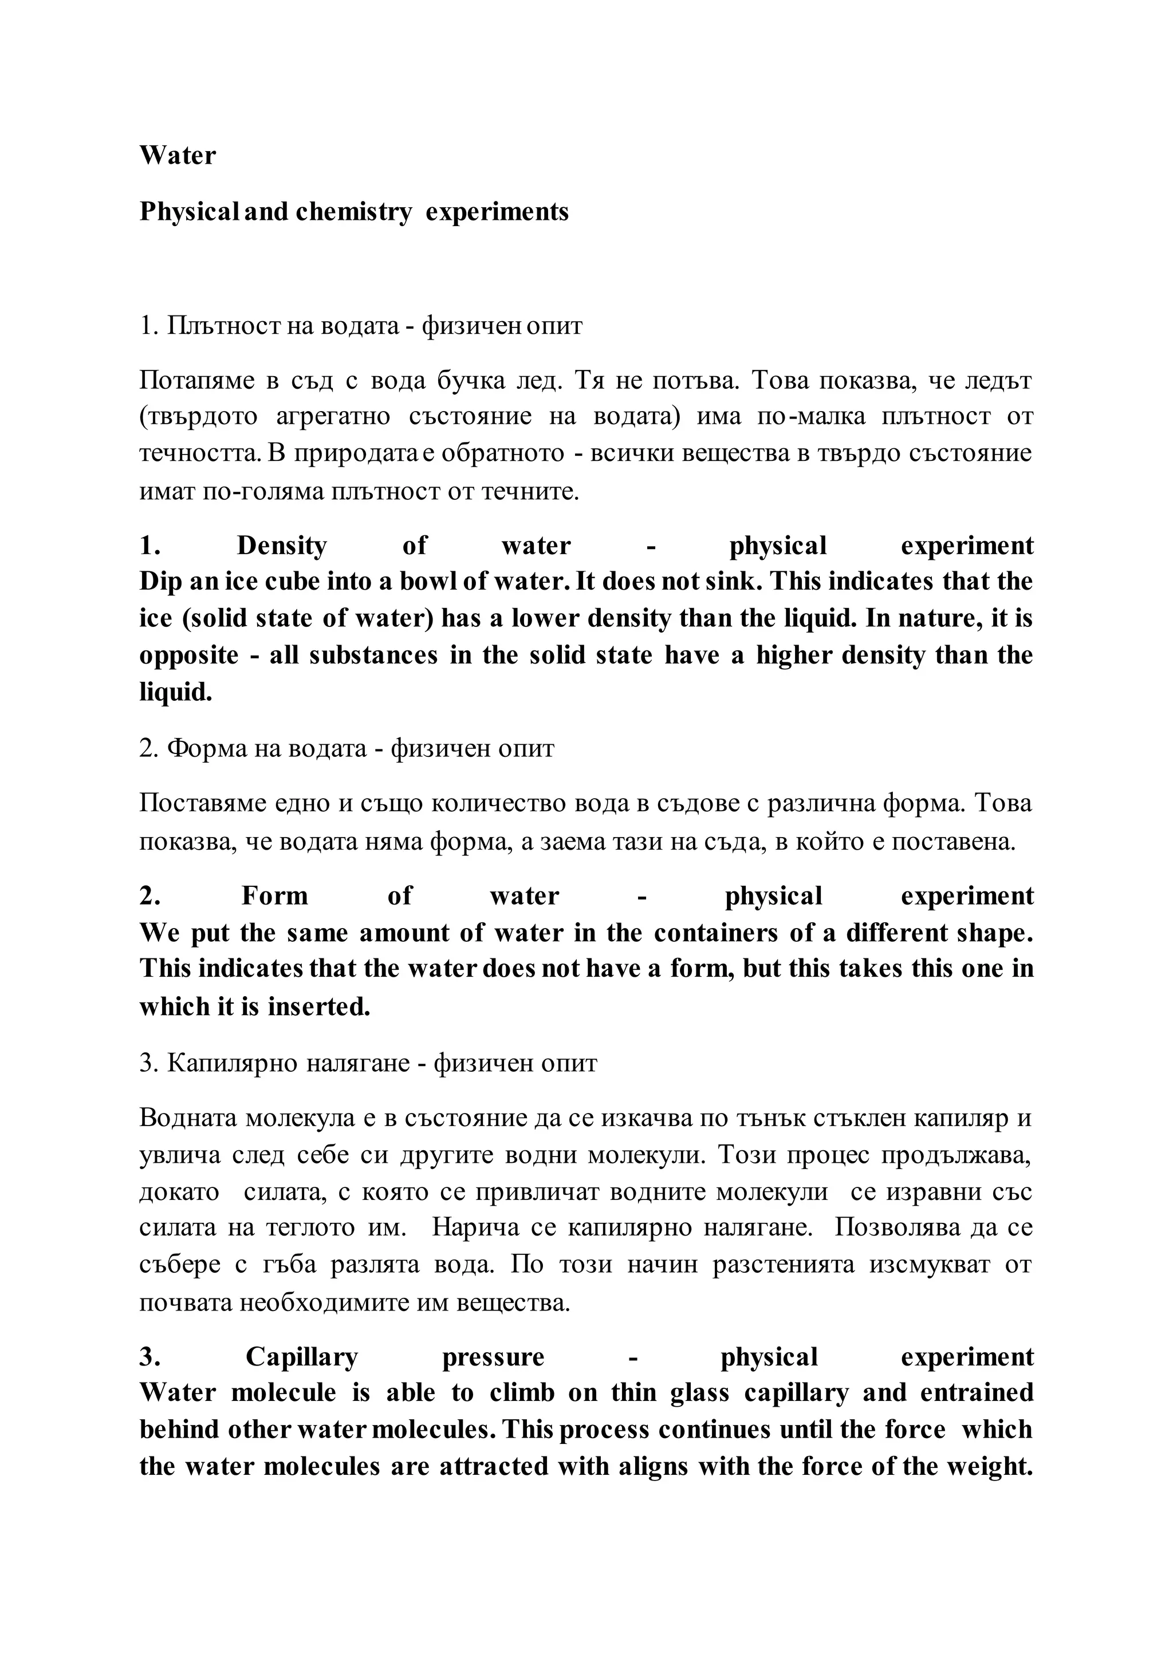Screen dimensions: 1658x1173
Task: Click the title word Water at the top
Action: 177,155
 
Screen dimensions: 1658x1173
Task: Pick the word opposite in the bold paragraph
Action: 188,655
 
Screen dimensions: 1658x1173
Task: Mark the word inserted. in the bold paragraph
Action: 318,1006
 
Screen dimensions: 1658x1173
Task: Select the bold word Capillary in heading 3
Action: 301,1357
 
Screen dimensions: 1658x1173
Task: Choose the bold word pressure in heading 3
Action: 493,1357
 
